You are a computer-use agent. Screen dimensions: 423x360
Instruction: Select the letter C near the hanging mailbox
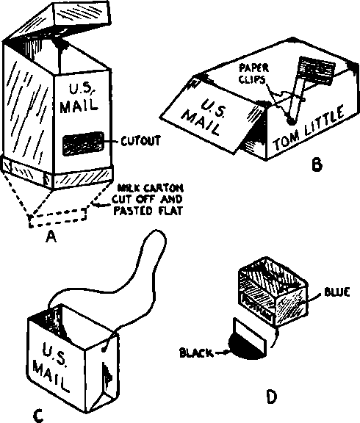pyautogui.click(x=38, y=416)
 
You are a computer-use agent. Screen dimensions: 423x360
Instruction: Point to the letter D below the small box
pyautogui.click(x=271, y=397)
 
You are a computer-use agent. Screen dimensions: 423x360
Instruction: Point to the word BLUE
pyautogui.click(x=334, y=292)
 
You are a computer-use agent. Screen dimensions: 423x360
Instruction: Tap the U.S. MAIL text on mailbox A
pyautogui.click(x=79, y=96)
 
